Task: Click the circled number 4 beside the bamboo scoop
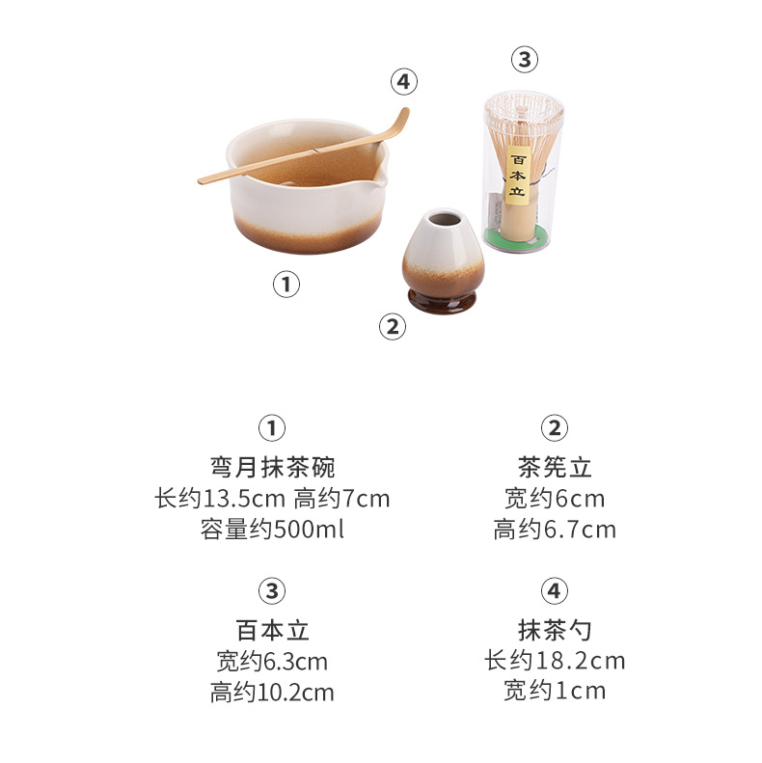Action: click(404, 81)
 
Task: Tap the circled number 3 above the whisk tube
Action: click(525, 60)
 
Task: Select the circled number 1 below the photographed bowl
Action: click(286, 285)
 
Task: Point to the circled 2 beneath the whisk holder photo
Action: click(393, 326)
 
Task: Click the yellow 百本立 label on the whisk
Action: click(518, 176)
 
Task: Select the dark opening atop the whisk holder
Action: click(445, 219)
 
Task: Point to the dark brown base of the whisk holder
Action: click(442, 302)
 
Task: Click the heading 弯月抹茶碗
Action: click(273, 467)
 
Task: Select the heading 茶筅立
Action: click(555, 467)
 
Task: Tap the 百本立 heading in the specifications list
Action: click(273, 630)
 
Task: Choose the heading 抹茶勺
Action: click(555, 630)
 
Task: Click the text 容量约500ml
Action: click(273, 529)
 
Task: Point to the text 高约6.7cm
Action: click(555, 529)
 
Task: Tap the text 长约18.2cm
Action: click(555, 661)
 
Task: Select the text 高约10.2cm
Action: click(273, 692)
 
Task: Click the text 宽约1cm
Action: click(555, 691)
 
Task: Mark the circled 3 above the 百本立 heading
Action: click(272, 591)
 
